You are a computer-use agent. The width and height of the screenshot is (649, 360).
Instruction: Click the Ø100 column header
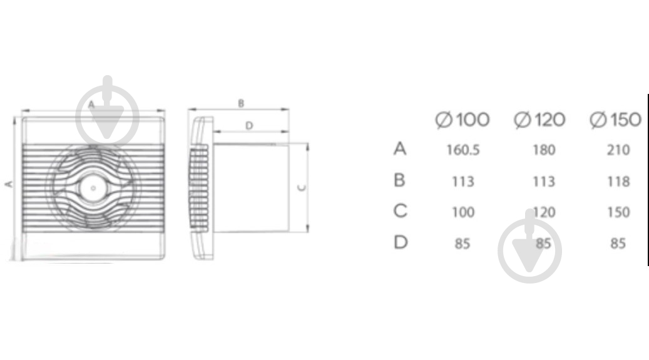pyautogui.click(x=462, y=120)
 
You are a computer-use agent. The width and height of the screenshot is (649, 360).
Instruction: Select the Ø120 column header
pyautogui.click(x=539, y=120)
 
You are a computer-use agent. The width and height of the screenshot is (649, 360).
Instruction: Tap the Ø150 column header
pyautogui.click(x=616, y=120)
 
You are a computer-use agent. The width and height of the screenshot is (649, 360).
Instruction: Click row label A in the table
pyautogui.click(x=401, y=149)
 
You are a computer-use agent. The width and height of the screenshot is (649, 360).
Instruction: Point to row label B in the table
pyautogui.click(x=401, y=180)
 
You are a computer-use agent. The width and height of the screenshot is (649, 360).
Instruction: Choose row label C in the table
pyautogui.click(x=401, y=211)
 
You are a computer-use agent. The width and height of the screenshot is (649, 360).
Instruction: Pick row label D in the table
pyautogui.click(x=401, y=242)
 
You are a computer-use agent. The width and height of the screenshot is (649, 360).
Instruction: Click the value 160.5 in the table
pyautogui.click(x=463, y=150)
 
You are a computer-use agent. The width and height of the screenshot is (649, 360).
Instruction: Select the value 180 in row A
pyautogui.click(x=543, y=150)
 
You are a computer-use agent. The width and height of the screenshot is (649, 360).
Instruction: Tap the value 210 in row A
pyautogui.click(x=618, y=150)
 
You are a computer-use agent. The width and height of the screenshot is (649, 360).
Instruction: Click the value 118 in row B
pyautogui.click(x=618, y=182)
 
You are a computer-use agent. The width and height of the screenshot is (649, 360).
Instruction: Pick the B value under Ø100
pyautogui.click(x=463, y=182)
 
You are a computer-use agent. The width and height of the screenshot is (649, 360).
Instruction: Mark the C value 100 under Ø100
pyautogui.click(x=463, y=212)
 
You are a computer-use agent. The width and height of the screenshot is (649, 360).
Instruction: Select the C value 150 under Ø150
pyautogui.click(x=618, y=212)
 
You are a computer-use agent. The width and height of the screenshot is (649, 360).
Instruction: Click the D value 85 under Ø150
pyautogui.click(x=618, y=244)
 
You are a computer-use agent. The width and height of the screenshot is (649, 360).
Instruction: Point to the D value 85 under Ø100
pyautogui.click(x=463, y=244)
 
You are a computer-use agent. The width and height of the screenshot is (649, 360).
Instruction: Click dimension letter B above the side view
pyautogui.click(x=241, y=103)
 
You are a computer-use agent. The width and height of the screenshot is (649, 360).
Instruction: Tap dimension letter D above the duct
pyautogui.click(x=248, y=126)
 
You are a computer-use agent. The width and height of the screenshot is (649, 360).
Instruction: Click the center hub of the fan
pyautogui.click(x=93, y=186)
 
